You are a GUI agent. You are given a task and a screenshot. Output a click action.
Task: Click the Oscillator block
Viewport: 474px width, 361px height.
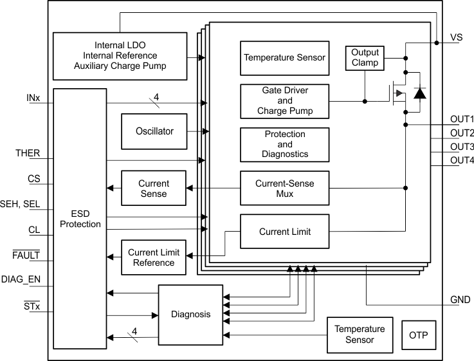tap(154, 131)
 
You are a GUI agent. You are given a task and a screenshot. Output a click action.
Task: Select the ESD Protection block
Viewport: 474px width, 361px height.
tap(80, 218)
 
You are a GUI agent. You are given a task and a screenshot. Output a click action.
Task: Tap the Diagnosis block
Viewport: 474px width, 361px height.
tap(190, 315)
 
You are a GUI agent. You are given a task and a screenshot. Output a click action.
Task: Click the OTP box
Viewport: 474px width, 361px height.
tap(418, 335)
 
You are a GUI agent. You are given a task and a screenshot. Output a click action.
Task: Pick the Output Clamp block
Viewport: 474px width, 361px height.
tap(365, 57)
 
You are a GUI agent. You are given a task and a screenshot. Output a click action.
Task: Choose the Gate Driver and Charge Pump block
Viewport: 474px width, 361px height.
tap(284, 101)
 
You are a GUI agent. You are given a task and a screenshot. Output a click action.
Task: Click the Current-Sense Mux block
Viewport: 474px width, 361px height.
tap(284, 189)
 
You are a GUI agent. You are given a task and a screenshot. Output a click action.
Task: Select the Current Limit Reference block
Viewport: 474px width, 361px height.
tap(154, 257)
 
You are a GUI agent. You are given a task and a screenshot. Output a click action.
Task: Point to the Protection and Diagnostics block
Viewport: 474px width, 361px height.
tap(284, 144)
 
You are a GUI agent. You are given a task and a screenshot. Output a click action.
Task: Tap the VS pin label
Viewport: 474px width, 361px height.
tap(456, 38)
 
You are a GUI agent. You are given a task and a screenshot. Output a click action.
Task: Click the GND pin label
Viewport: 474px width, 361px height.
tap(459, 300)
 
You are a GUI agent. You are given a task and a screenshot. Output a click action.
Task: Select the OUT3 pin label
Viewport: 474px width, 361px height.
tap(462, 147)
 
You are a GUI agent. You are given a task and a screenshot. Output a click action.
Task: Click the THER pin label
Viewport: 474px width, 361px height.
tap(28, 153)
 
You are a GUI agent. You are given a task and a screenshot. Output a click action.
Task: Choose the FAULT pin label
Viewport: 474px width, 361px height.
tap(26, 255)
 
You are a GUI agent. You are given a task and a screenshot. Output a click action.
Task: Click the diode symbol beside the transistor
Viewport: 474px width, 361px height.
tap(419, 93)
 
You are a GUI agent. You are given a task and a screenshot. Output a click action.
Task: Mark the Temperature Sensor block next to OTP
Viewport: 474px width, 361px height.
tap(359, 335)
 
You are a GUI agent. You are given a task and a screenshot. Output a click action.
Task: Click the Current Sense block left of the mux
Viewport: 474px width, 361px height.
tap(154, 189)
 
